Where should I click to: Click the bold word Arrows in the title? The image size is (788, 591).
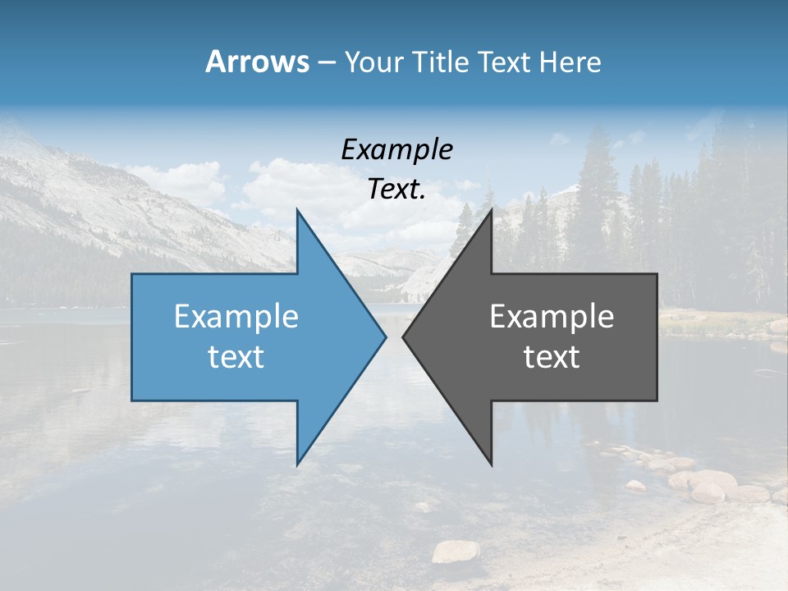pos(257,62)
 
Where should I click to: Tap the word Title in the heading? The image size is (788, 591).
pos(439,62)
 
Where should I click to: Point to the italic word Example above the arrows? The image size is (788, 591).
pos(396,149)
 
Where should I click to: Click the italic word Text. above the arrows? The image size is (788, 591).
pos(396,190)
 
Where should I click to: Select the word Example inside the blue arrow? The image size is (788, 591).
pos(236,316)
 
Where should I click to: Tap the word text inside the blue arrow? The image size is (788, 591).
pos(236,356)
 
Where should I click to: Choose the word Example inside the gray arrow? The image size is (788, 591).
pos(552,316)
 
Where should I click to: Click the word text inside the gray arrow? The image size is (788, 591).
pos(552,356)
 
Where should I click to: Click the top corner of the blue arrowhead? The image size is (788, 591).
pos(297,210)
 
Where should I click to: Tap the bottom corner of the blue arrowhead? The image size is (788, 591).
pos(297,464)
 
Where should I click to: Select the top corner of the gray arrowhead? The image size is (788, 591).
pos(491,210)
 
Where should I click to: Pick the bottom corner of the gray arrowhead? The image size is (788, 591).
pos(491,464)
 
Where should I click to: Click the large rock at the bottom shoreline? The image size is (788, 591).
pos(455,552)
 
